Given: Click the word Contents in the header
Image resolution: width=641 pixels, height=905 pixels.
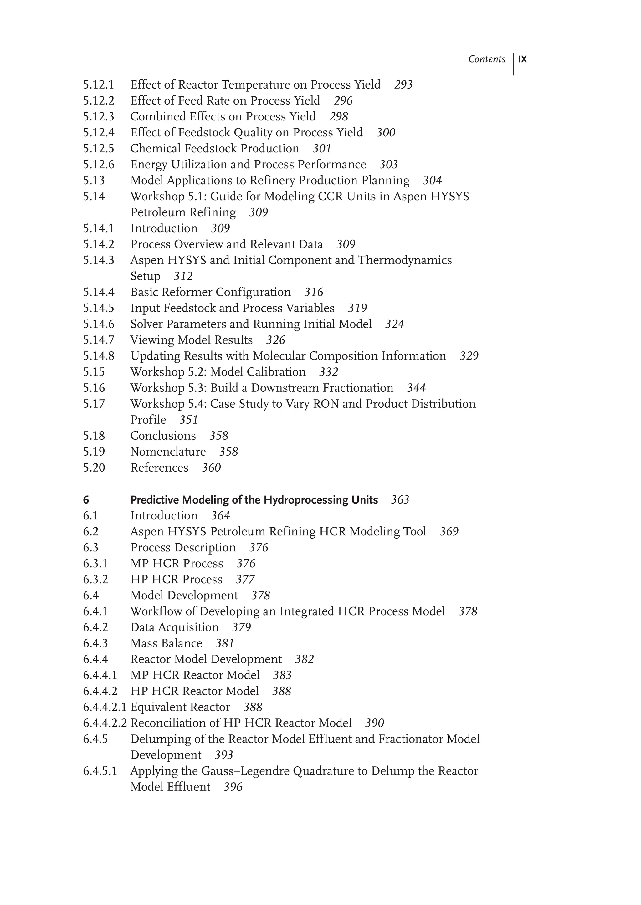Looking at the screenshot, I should click(487, 59).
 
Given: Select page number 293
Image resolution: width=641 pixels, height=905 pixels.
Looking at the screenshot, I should click(403, 85).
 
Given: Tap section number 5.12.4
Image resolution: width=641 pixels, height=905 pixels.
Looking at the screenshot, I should click(99, 133).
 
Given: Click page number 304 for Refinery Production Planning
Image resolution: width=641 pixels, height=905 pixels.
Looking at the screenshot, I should click(432, 180).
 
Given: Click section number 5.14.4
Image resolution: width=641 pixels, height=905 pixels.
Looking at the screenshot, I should click(99, 292).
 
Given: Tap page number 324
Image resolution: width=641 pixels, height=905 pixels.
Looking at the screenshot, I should click(395, 324).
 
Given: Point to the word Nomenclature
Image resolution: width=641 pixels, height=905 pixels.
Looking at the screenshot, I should click(168, 452).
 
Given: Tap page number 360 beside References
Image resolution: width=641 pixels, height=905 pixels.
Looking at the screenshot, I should click(211, 468).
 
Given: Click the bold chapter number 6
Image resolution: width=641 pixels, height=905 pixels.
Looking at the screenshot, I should click(86, 500).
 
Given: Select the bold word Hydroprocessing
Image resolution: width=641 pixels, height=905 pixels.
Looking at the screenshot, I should click(304, 500).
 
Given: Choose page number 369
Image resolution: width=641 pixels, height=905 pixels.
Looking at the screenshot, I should click(449, 532).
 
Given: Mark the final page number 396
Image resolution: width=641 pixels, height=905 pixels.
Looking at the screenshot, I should click(233, 787).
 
